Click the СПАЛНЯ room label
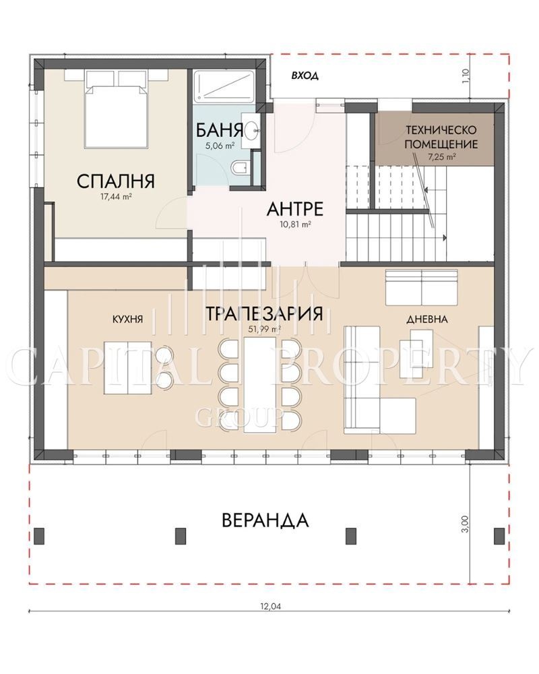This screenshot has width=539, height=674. point(115,181)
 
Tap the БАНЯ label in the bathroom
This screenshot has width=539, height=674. point(220,129)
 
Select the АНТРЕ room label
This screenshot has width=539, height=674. point(295,209)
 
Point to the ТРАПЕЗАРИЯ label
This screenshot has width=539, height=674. point(263,313)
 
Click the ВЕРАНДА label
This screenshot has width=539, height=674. point(265,520)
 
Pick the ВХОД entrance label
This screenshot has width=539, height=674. point(305,76)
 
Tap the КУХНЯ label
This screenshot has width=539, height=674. point(127,319)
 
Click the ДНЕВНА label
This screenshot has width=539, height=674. point(427,319)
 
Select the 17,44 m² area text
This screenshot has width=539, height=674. point(115,197)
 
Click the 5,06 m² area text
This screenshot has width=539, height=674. point(220,146)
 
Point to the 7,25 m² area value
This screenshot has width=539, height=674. point(441,157)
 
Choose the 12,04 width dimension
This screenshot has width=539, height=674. point(270,607)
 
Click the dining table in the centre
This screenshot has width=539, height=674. point(259,384)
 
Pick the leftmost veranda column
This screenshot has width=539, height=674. point(39,534)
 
